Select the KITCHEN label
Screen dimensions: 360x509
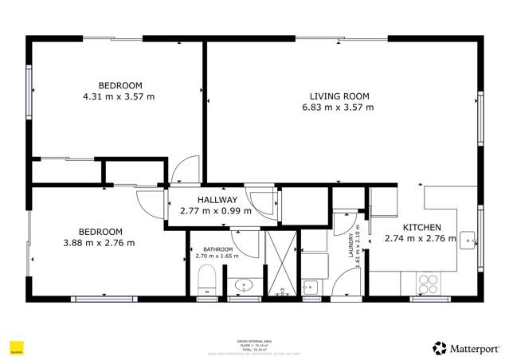click(x=421, y=227)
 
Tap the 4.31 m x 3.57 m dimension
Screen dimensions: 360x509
click(x=119, y=96)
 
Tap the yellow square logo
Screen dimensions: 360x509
click(x=15, y=347)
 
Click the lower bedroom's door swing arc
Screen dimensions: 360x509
click(x=149, y=201)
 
